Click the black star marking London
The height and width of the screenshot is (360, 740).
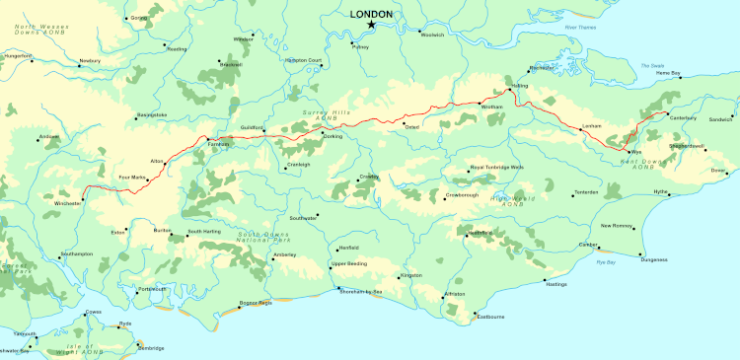click(x=371, y=24)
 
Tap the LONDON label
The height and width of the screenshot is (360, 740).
click(x=371, y=13)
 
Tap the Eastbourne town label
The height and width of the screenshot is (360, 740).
click(x=490, y=317)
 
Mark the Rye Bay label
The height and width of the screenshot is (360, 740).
click(x=605, y=262)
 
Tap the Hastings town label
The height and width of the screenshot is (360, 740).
click(x=555, y=284)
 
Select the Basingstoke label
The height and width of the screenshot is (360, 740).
click(x=152, y=115)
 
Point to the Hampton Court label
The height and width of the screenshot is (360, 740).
click(x=303, y=60)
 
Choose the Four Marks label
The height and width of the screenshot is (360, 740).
click(x=132, y=178)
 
